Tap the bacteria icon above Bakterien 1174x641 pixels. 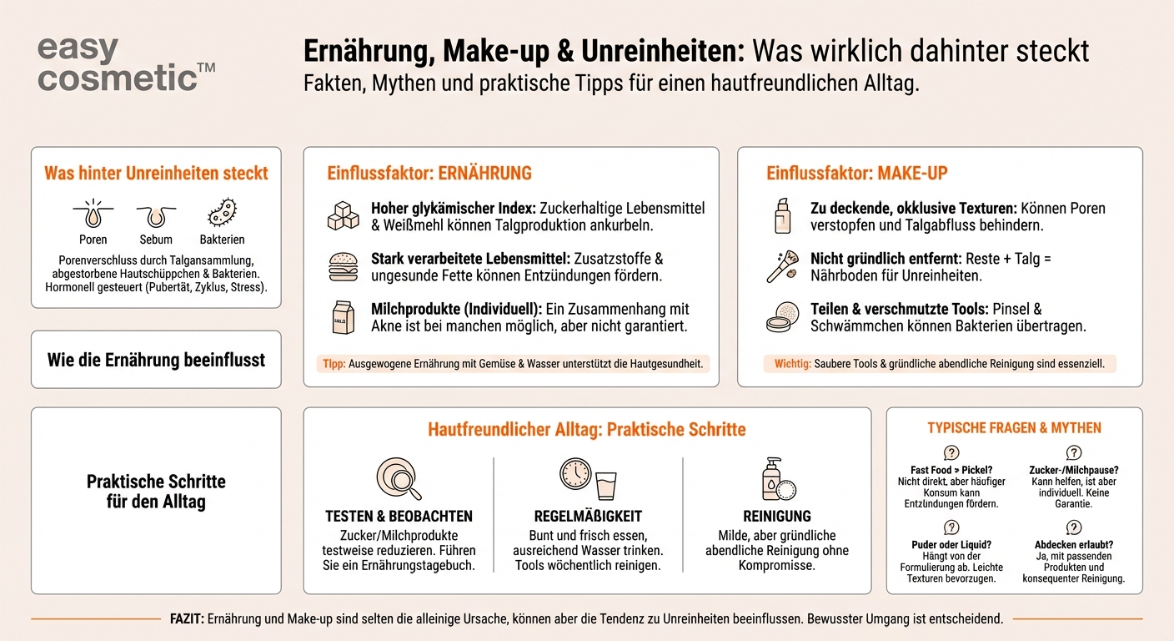[x=222, y=213]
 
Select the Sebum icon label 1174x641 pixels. [x=156, y=240]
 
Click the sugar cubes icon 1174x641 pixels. [x=343, y=215]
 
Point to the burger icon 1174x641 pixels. [x=343, y=266]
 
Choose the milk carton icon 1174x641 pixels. [x=341, y=317]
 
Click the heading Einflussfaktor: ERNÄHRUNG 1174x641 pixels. [x=429, y=174]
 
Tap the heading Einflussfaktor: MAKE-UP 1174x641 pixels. [x=857, y=174]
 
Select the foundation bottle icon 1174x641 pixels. [x=782, y=216]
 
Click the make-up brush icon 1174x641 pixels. [x=783, y=266]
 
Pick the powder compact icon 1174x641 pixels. [x=783, y=317]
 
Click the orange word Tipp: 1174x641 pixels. [x=334, y=364]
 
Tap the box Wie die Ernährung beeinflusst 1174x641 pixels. [x=156, y=360]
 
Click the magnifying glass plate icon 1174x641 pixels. [x=399, y=478]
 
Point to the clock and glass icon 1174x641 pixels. [x=587, y=478]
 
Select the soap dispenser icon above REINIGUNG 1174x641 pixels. [x=777, y=478]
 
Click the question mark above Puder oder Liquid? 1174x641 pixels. [x=951, y=527]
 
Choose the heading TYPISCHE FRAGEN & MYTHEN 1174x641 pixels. [x=1014, y=428]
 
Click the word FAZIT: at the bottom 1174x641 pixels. [x=185, y=619]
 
